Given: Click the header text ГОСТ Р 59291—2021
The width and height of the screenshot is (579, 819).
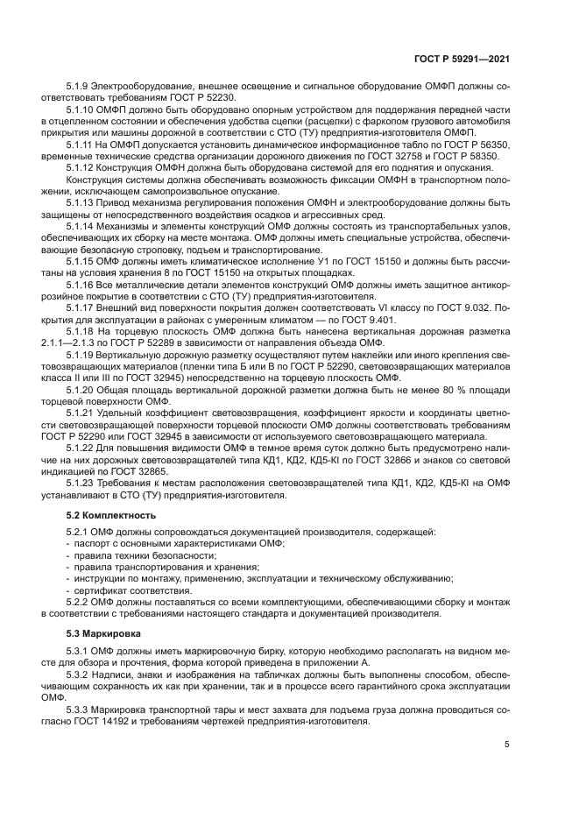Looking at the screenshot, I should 462,58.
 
